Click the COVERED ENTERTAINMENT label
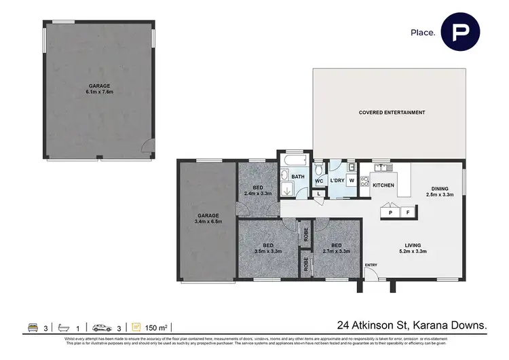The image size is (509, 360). pos(392,113)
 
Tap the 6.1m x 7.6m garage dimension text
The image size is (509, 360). pos(100,92)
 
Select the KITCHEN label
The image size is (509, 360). pos(383,185)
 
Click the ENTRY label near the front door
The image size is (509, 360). pos(371,265)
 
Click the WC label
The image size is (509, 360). pos(318,181)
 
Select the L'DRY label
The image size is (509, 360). pos(337,181)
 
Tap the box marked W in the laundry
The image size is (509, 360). pos(352,181)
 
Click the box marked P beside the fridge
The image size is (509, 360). pos(390,213)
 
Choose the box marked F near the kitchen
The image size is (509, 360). pos(407,213)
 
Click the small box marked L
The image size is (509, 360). pos(318,194)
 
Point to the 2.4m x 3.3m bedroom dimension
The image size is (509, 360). pos(257,194)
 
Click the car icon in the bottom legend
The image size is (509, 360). pos(102,327)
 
